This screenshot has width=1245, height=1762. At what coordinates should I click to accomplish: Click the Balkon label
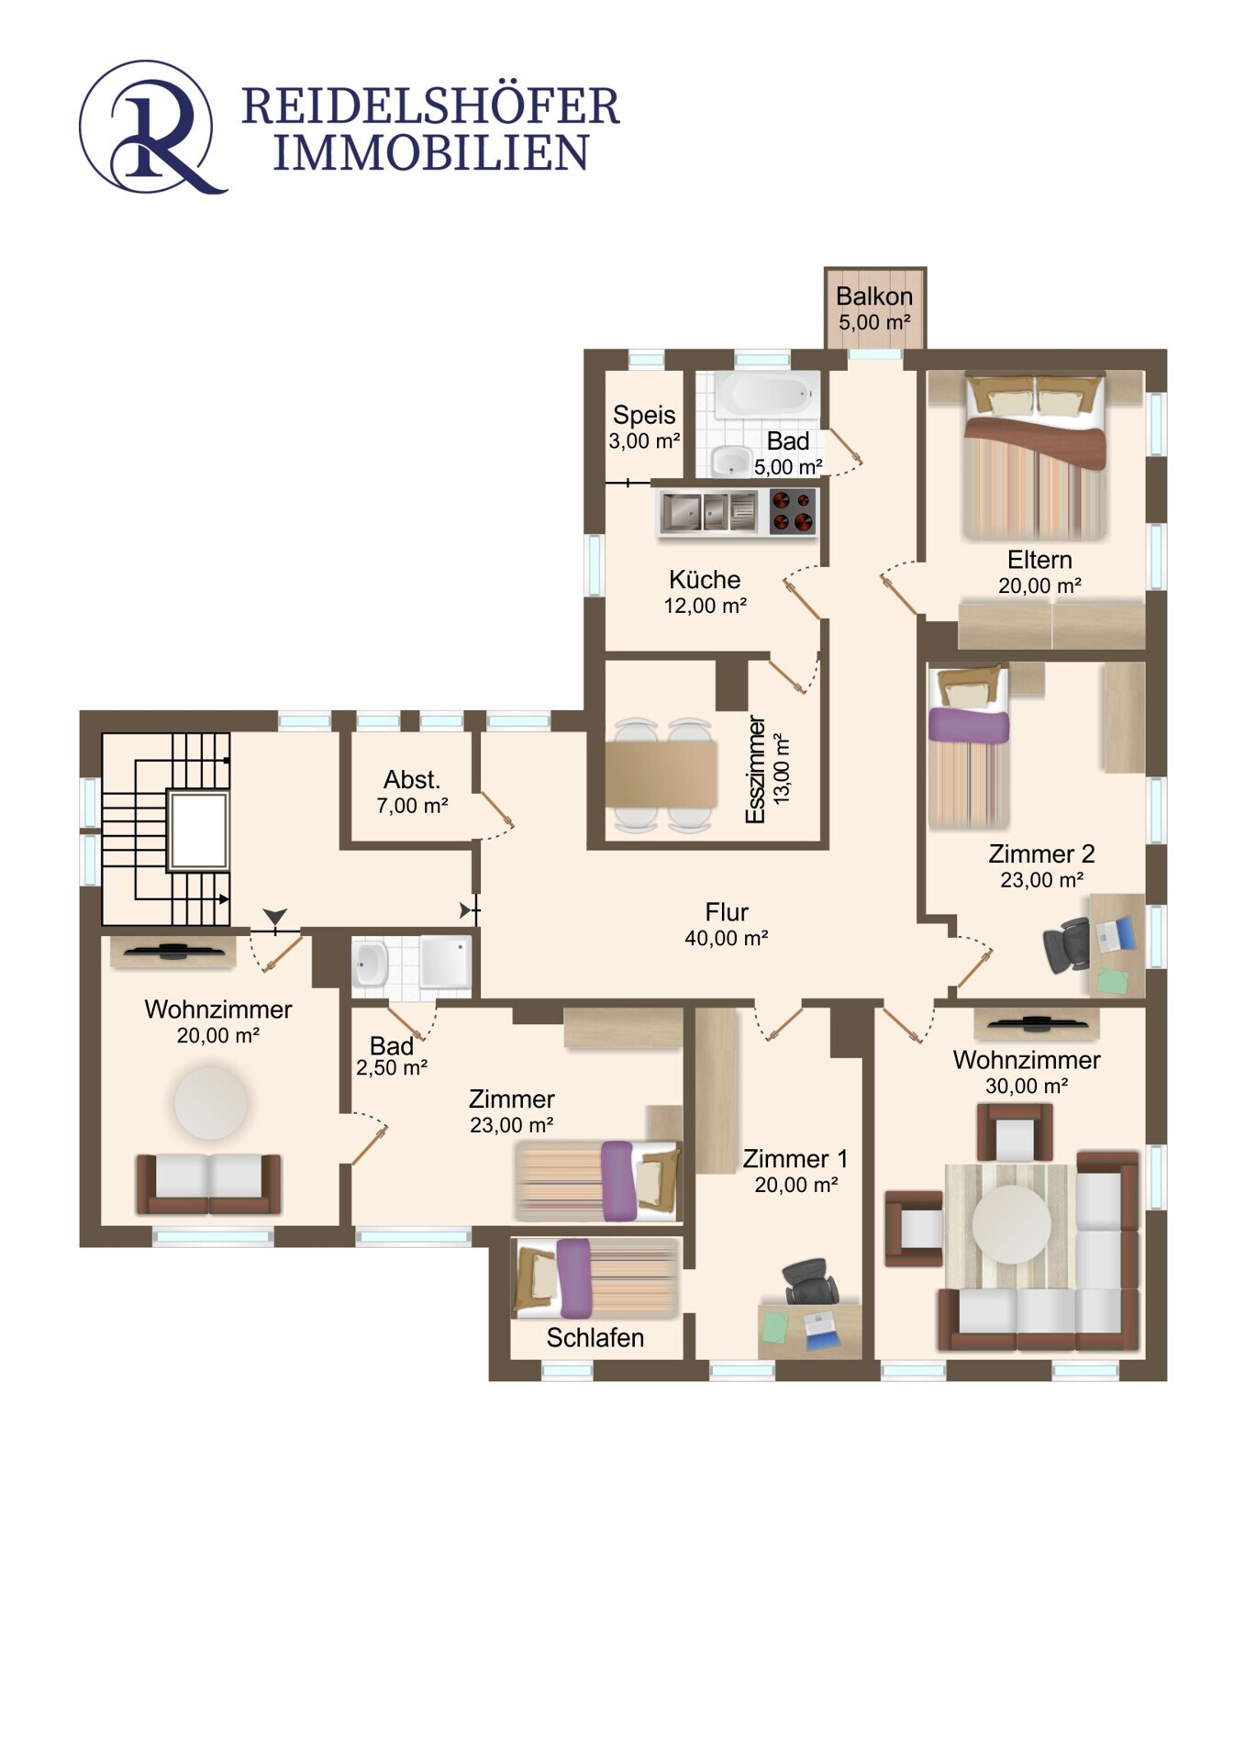pyautogui.click(x=873, y=296)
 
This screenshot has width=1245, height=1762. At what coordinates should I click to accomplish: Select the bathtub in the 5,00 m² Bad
pyautogui.click(x=766, y=394)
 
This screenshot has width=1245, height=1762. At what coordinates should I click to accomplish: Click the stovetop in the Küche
pyautogui.click(x=793, y=512)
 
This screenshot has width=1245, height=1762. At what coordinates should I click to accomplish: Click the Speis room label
pyautogui.click(x=644, y=415)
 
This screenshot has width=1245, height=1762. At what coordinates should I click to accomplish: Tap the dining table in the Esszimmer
pyautogui.click(x=661, y=774)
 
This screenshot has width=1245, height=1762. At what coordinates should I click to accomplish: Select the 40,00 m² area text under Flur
pyautogui.click(x=726, y=938)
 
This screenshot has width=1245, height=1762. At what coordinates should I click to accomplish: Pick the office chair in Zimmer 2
pyautogui.click(x=1066, y=944)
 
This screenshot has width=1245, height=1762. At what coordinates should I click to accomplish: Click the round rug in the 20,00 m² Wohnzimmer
pyautogui.click(x=211, y=1102)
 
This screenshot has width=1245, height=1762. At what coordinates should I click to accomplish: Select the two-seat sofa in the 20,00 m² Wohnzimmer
pyautogui.click(x=208, y=1184)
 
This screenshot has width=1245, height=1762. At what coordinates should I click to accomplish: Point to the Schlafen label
pyautogui.click(x=595, y=1338)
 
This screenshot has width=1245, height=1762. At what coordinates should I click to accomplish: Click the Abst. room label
pyautogui.click(x=412, y=780)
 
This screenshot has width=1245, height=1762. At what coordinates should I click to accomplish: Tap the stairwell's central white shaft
pyautogui.click(x=197, y=831)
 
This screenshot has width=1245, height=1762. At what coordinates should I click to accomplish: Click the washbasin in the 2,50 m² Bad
pyautogui.click(x=371, y=964)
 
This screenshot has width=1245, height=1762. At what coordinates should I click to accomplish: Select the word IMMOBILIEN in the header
pyautogui.click(x=431, y=152)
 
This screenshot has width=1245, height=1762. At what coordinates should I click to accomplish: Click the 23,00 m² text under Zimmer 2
pyautogui.click(x=1041, y=880)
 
